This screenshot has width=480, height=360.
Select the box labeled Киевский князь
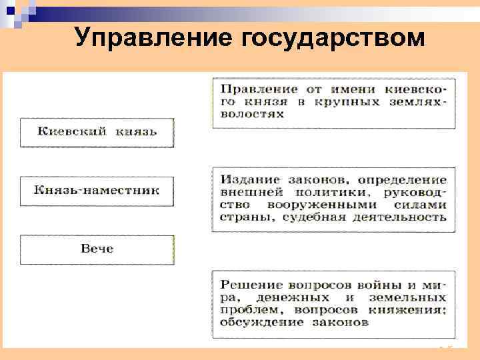(97, 132)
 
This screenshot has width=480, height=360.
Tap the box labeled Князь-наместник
(97, 191)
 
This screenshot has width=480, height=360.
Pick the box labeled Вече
(97, 249)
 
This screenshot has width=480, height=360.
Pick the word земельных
(410, 297)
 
